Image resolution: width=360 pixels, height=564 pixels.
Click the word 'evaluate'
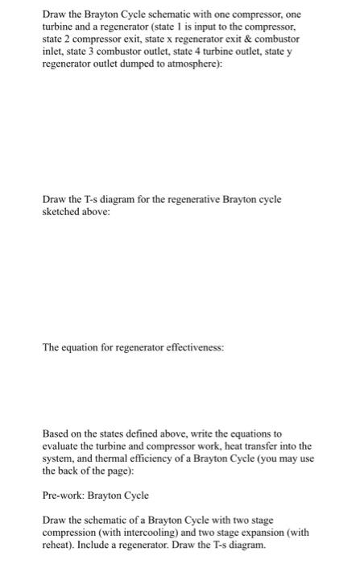click(61, 446)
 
